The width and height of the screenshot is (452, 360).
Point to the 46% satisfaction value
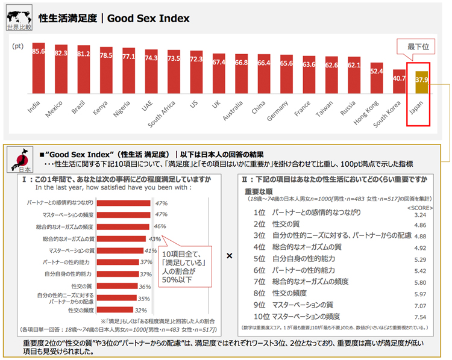(160, 227)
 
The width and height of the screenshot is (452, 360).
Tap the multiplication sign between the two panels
(229, 256)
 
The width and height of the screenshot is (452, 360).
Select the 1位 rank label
(259, 213)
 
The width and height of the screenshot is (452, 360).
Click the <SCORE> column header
(419, 207)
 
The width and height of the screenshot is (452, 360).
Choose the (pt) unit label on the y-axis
(17, 46)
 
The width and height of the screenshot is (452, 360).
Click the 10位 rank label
(261, 316)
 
